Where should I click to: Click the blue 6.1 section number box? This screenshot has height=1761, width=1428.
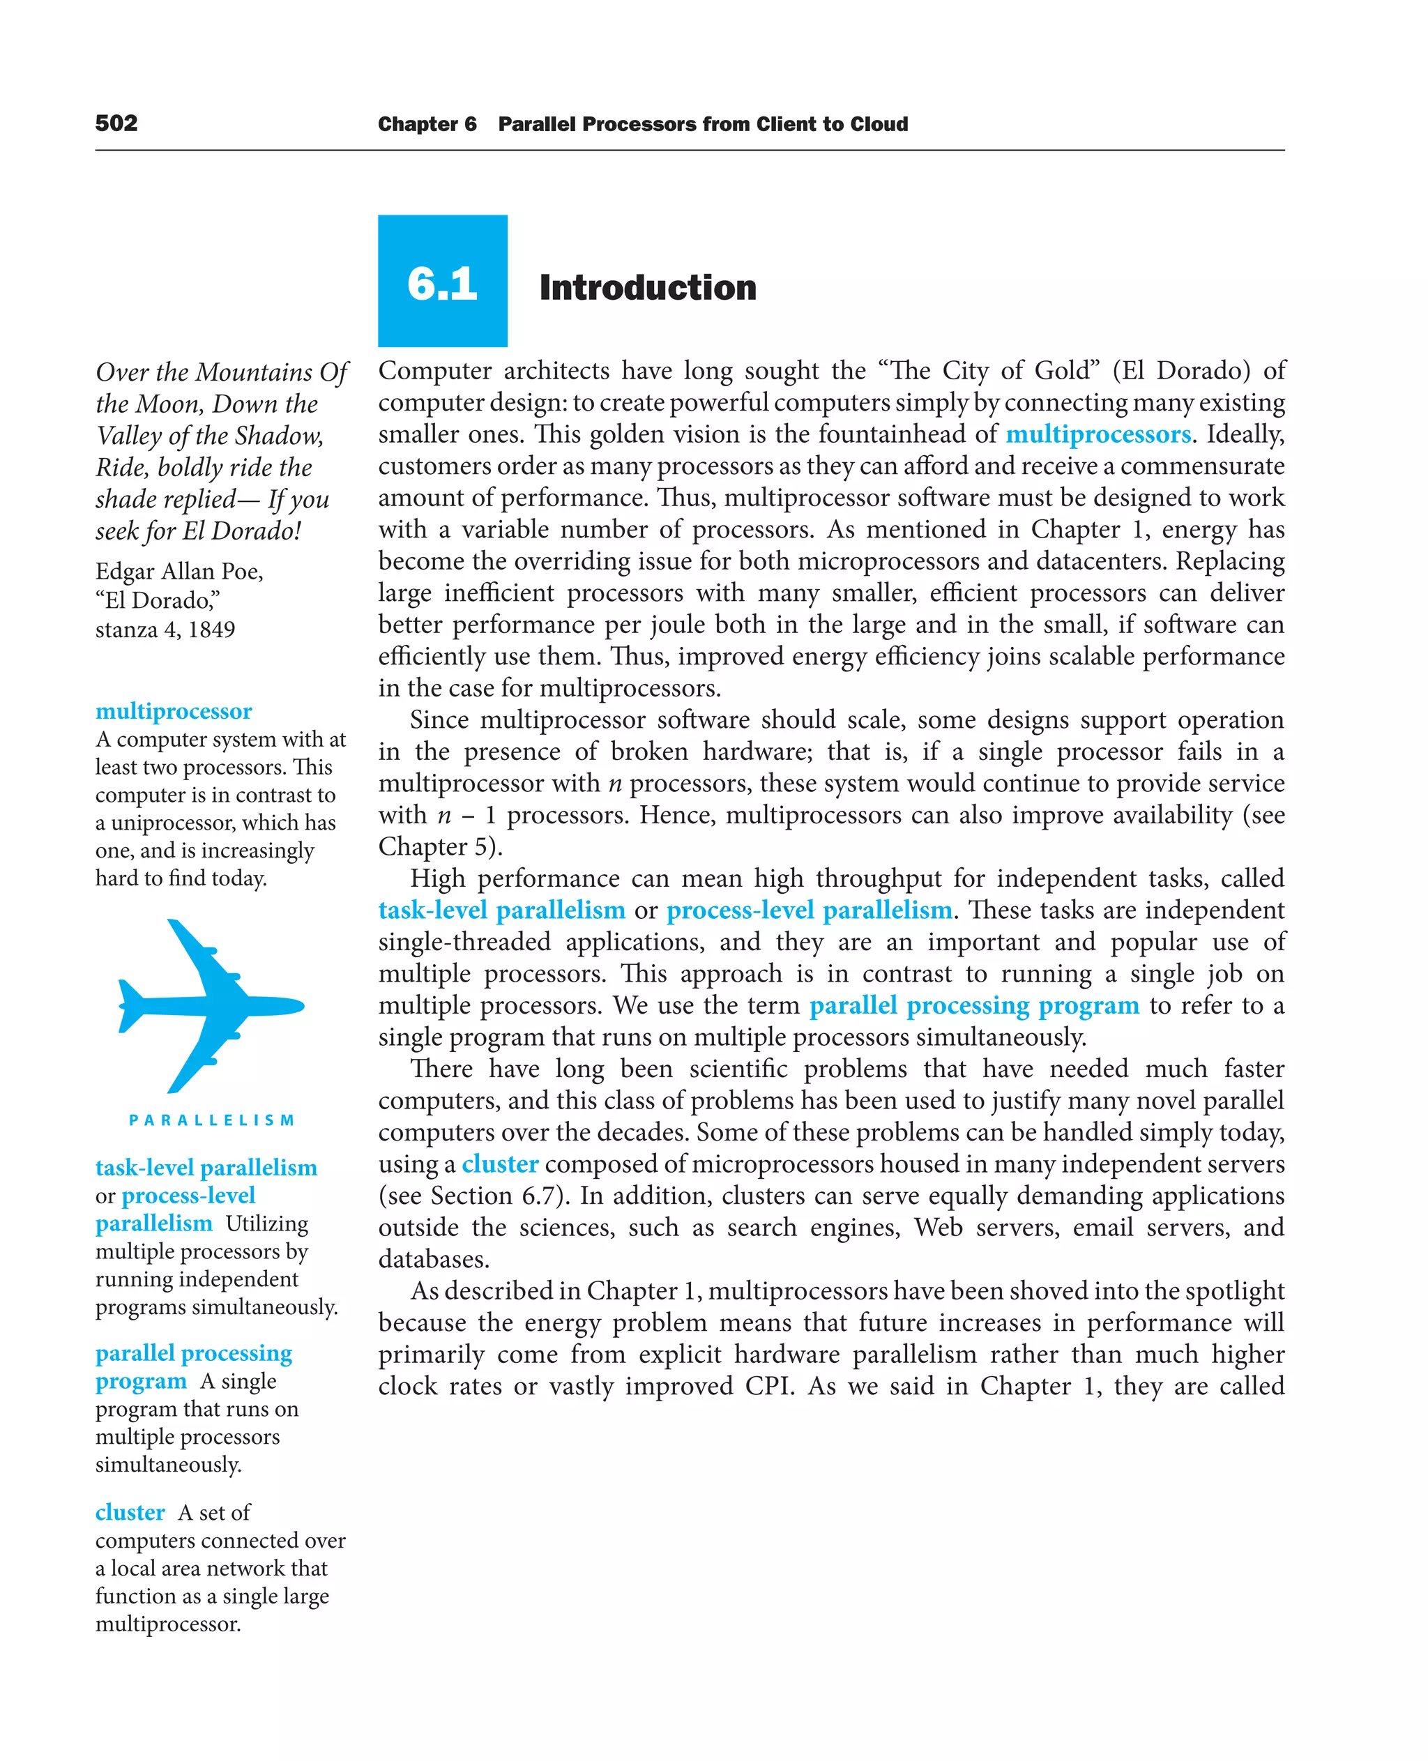click(443, 281)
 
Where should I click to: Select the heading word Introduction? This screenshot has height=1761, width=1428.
click(647, 288)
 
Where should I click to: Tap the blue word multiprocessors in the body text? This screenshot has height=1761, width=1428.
click(1097, 434)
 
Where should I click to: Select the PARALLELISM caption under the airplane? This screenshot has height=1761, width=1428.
click(211, 1120)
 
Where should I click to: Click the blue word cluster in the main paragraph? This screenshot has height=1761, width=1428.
click(499, 1164)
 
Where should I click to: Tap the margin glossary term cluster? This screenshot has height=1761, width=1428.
click(130, 1512)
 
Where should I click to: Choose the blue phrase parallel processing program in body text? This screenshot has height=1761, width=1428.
click(974, 1005)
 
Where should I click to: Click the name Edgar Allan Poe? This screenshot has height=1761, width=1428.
click(178, 571)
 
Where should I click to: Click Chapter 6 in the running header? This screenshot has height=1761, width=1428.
click(427, 124)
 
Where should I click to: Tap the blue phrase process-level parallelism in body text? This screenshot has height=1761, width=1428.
click(809, 910)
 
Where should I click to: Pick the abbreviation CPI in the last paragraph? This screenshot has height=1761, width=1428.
click(768, 1386)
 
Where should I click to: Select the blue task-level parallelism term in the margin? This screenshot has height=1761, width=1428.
click(206, 1167)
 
